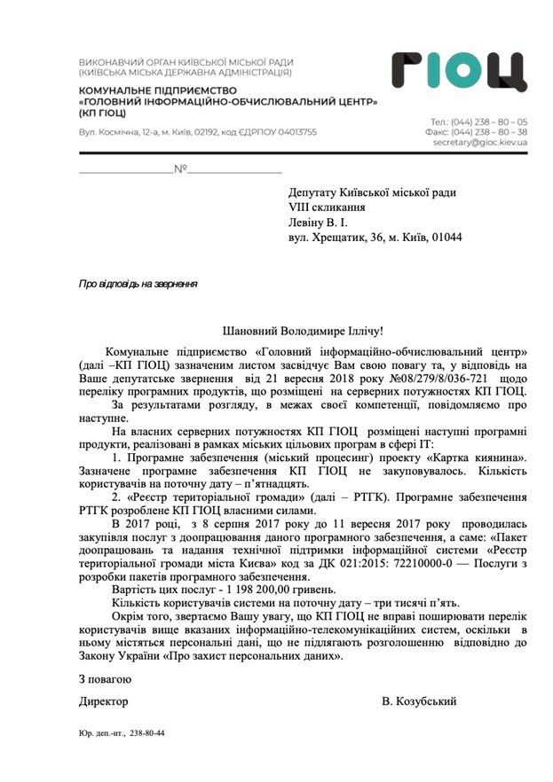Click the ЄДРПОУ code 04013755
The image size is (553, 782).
(291, 131)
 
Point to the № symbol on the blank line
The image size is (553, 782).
(180, 168)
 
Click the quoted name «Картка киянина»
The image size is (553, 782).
(479, 456)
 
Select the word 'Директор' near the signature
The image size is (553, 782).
(104, 701)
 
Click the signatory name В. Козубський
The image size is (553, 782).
(420, 701)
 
